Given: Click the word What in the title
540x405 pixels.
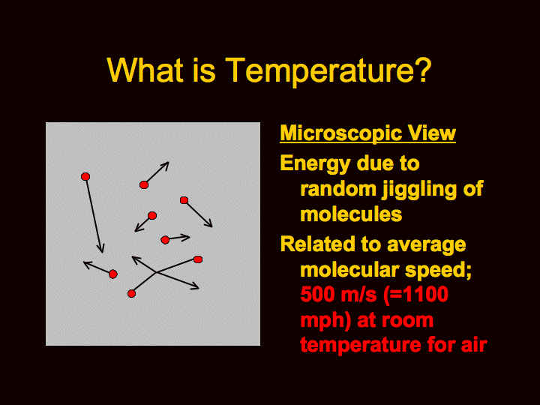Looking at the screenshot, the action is [145, 70].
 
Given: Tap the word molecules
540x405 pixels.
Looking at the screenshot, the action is [351, 214].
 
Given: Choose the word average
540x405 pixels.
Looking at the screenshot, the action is [426, 245].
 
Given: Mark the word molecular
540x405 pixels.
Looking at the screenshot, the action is [350, 269].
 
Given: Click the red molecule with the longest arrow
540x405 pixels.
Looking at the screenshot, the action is [85, 177].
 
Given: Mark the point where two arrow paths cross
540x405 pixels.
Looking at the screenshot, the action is [157, 272].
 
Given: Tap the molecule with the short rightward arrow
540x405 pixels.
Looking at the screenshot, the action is [165, 240].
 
